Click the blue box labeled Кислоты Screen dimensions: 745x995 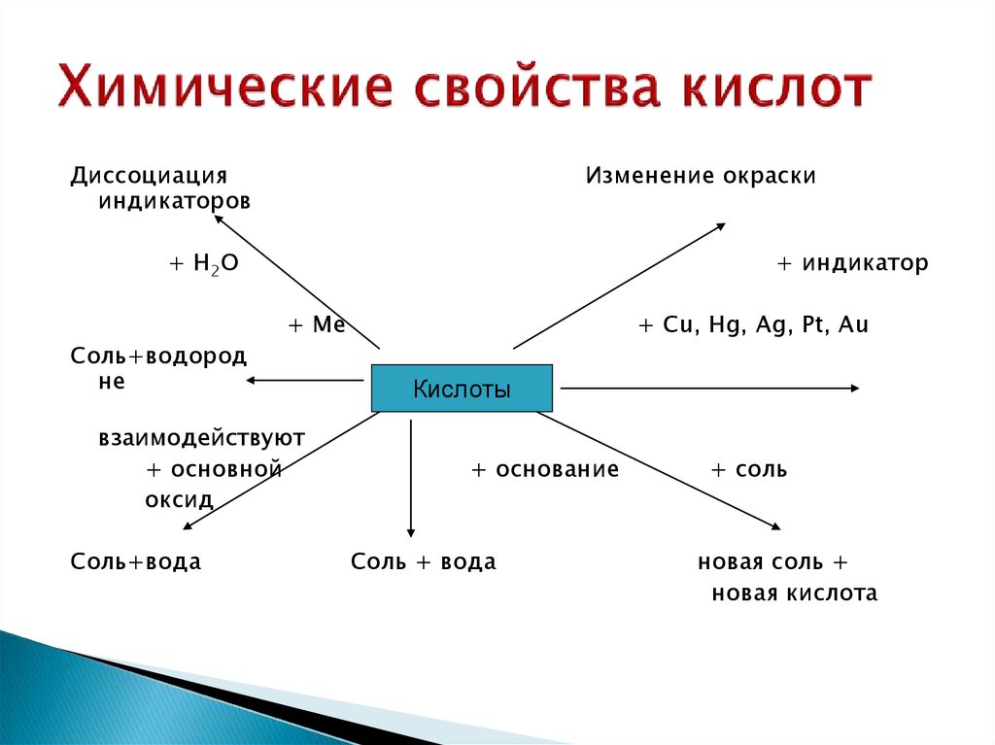[x=462, y=389]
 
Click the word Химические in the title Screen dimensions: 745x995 [x=223, y=88]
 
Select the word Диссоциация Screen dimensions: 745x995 [x=149, y=176]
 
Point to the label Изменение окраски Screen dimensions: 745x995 [x=700, y=176]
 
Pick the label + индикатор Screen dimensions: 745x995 [x=852, y=263]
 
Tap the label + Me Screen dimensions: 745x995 [x=317, y=325]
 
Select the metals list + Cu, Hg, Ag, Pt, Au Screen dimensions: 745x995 [x=753, y=325]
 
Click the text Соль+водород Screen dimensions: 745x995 [x=157, y=356]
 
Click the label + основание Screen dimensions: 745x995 [x=545, y=470]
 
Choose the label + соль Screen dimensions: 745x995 [x=749, y=470]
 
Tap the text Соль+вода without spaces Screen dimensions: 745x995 [x=135, y=562]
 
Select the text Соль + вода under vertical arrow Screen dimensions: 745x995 [x=423, y=562]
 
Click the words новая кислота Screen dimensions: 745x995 [x=794, y=593]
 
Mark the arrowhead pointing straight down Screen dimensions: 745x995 [x=411, y=530]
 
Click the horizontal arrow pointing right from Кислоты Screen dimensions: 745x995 [x=709, y=389]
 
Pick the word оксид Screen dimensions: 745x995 [x=179, y=498]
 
